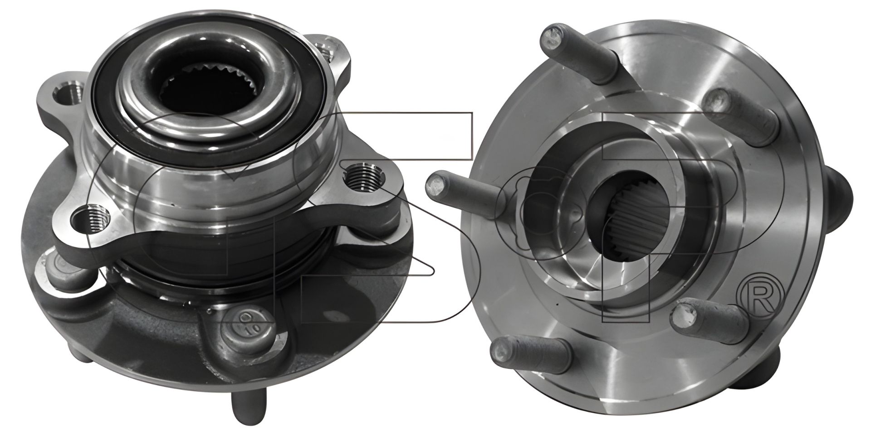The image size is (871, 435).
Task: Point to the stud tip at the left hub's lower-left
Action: (79, 358)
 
